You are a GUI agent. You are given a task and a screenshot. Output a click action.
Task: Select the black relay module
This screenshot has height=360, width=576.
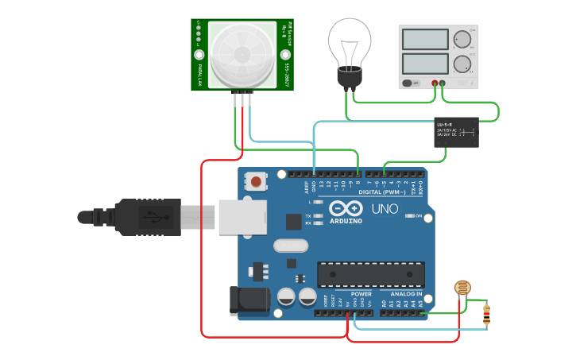456,132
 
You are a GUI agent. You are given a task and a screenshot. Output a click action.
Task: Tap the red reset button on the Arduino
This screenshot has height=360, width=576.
257,182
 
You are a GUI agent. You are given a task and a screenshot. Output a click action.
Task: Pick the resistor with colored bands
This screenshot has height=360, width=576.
486,315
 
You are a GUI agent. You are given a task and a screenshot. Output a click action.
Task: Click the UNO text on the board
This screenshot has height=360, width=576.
385,209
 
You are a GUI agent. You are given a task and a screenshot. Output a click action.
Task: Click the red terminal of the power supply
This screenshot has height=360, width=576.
435,83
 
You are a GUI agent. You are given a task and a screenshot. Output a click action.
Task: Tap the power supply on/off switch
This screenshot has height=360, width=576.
410,83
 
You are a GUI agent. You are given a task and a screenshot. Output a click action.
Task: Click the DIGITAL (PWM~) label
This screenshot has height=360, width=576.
382,192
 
